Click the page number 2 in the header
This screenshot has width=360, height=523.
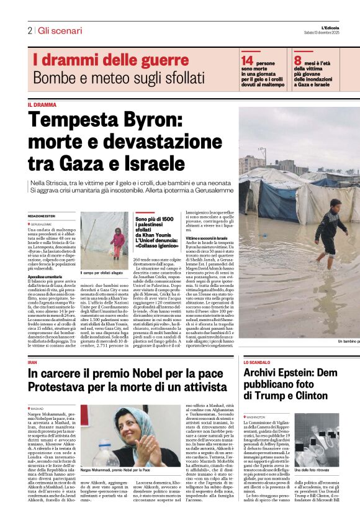(x=29, y=30)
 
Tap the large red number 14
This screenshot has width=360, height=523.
(x=247, y=60)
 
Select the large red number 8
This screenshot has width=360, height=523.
(x=298, y=60)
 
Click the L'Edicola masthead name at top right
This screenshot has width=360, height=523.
(x=338, y=27)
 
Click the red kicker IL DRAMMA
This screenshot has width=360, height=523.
(x=42, y=105)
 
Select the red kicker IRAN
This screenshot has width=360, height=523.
(x=33, y=362)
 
